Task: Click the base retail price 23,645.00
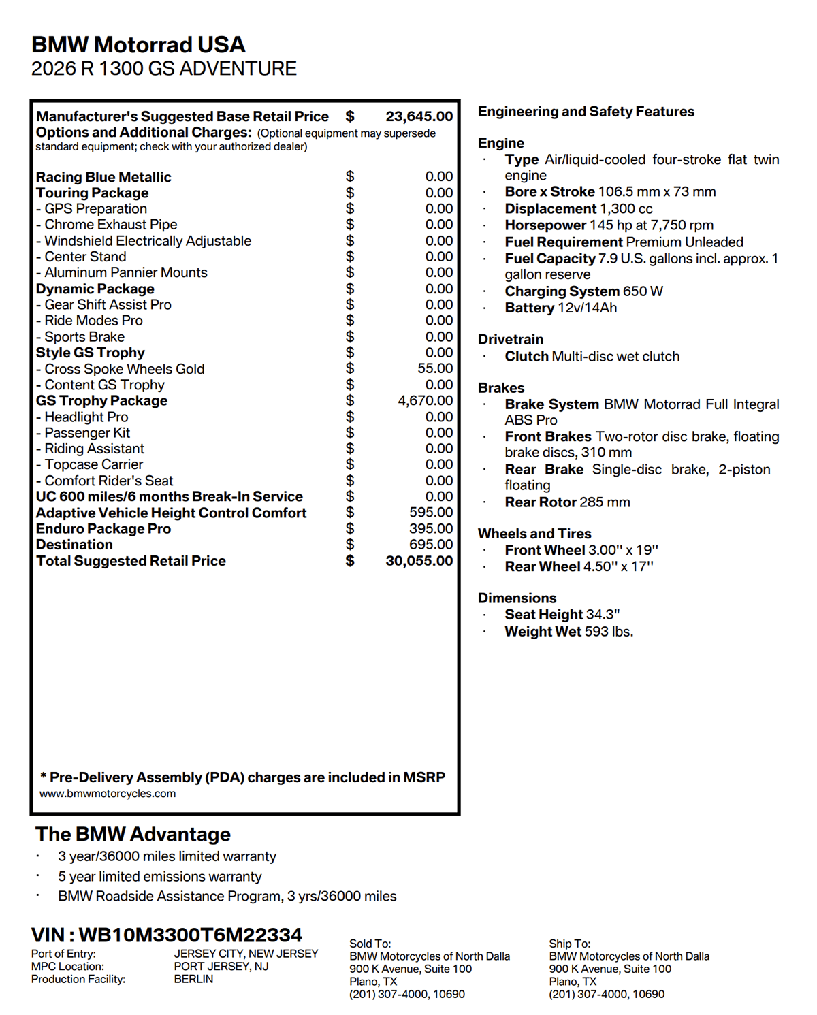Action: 419,116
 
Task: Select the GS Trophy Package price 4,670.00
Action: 425,401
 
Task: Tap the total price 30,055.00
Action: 419,561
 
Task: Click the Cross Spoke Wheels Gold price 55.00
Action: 435,369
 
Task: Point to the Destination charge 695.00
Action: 431,545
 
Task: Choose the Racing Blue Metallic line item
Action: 103,177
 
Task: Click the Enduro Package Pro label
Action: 103,529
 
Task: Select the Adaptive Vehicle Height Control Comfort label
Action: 171,513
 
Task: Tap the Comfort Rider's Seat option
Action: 108,481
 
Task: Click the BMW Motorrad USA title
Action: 138,45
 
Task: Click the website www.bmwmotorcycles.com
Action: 108,794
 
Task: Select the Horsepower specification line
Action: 609,225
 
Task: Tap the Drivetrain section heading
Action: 511,339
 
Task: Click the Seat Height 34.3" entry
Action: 562,615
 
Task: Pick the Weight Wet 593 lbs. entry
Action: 568,632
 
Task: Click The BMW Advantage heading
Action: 133,834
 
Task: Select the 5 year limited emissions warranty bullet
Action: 159,877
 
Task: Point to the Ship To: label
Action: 570,944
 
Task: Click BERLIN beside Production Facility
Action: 193,979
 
